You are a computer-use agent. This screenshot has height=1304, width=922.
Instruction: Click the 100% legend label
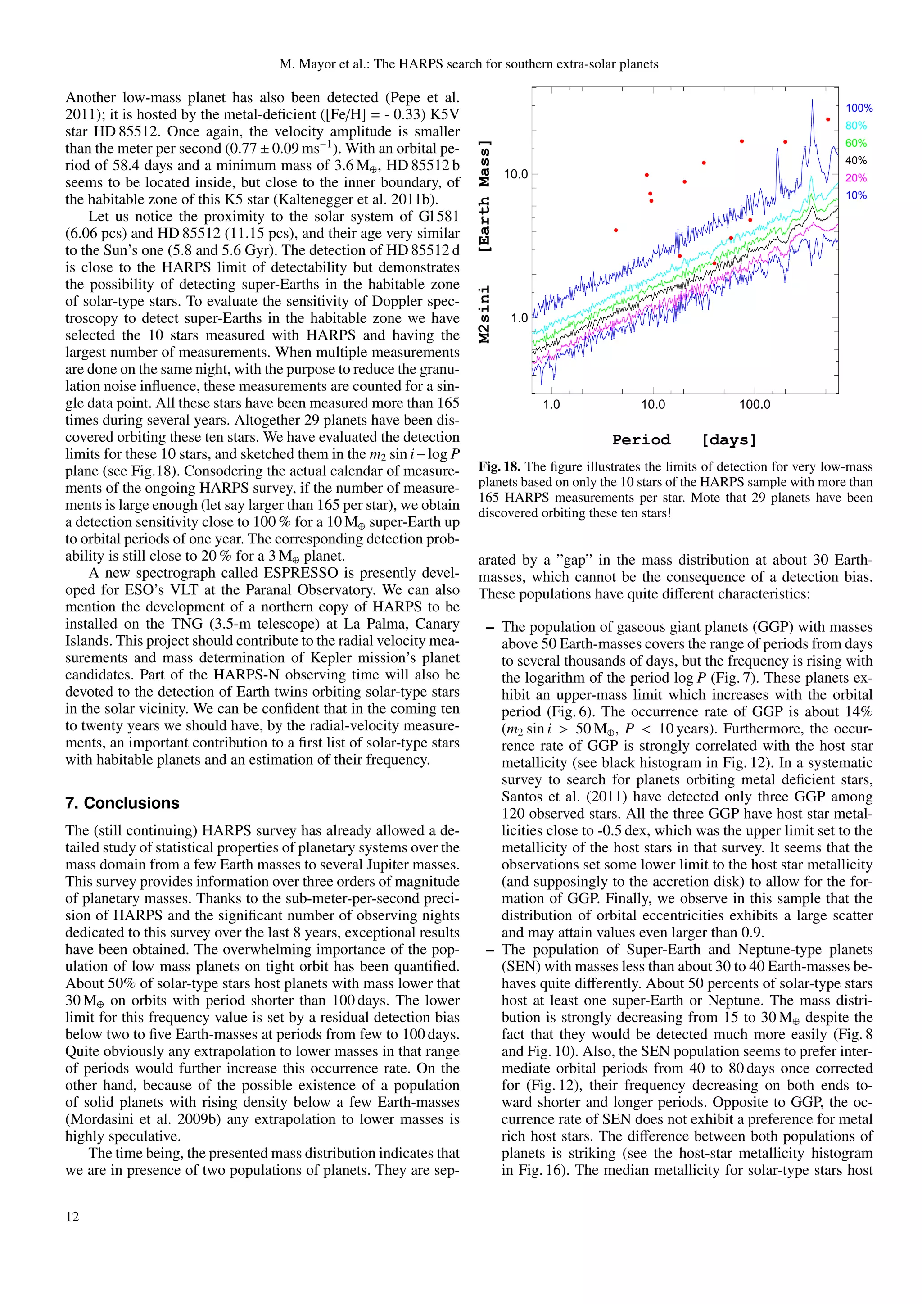pos(859,108)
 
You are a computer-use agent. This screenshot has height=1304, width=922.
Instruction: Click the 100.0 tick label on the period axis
pos(755,405)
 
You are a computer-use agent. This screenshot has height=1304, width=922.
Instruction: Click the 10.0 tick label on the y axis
pos(515,174)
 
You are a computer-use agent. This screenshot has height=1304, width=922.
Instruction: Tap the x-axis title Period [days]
pos(684,440)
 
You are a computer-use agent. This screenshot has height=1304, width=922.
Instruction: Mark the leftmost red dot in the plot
pos(616,231)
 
